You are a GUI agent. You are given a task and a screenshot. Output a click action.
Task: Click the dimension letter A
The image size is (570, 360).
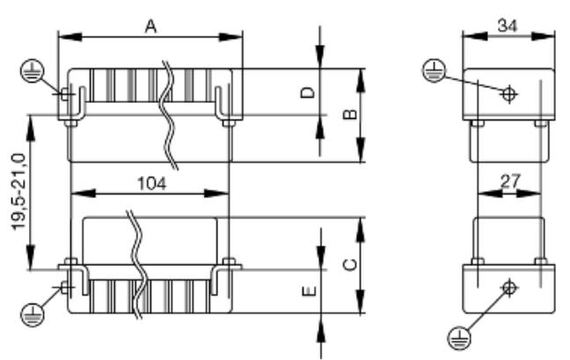click(x=150, y=26)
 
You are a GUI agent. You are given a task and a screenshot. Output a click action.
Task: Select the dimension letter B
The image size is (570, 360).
click(x=348, y=114)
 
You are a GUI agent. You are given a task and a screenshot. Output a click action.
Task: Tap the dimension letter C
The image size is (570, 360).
click(x=348, y=264)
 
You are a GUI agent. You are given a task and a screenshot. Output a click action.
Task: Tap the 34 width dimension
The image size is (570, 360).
click(x=507, y=26)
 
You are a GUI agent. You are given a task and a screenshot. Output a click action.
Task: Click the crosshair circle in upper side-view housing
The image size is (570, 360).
click(x=508, y=94)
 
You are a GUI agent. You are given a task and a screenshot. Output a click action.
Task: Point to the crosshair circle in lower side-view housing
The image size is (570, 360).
click(x=508, y=287)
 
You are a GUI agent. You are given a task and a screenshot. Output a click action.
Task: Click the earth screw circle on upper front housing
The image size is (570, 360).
click(x=66, y=94)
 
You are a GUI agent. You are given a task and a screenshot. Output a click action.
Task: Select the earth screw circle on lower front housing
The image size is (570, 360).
click(x=66, y=287)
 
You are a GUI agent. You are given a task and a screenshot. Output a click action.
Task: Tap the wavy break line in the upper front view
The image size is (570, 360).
click(x=170, y=114)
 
